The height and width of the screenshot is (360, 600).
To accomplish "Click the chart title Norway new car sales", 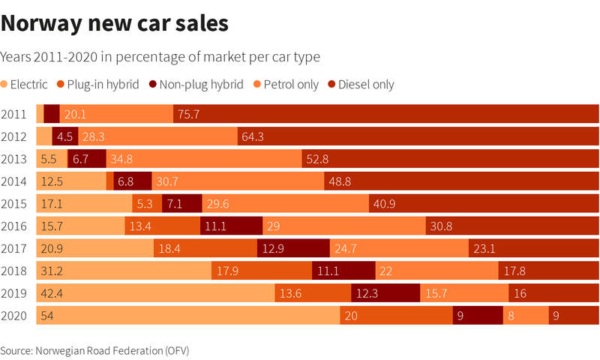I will (114, 24).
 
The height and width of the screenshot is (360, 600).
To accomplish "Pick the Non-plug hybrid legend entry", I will (196, 84).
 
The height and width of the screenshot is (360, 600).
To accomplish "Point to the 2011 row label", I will (14, 114).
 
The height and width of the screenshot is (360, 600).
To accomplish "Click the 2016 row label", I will (14, 226).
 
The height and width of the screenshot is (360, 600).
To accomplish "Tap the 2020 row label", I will (14, 316).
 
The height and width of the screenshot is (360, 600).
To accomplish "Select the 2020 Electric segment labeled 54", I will (187, 316).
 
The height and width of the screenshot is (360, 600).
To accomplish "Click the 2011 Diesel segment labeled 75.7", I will (386, 114).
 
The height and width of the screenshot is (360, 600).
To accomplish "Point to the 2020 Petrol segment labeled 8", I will (525, 316).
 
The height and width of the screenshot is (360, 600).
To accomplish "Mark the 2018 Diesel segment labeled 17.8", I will (548, 271).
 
